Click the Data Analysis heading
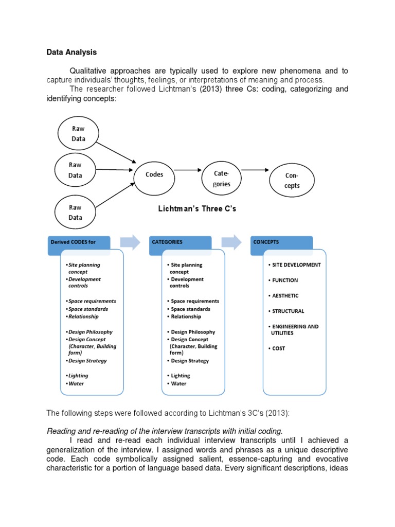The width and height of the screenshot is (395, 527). (71, 52)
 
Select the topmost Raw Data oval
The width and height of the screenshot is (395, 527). (78, 134)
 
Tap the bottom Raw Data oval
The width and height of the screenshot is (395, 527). (75, 213)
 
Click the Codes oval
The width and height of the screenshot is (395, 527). (154, 174)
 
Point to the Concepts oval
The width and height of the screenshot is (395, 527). (292, 181)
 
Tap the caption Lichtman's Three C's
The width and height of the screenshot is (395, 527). (196, 209)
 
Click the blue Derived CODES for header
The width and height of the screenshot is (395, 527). (77, 242)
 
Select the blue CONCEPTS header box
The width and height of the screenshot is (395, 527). (281, 242)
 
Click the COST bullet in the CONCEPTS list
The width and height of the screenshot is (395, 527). (278, 348)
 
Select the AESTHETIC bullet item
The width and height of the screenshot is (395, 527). (285, 296)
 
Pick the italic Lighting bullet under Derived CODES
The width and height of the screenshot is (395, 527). (78, 376)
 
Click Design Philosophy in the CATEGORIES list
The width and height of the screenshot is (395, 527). (193, 332)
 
